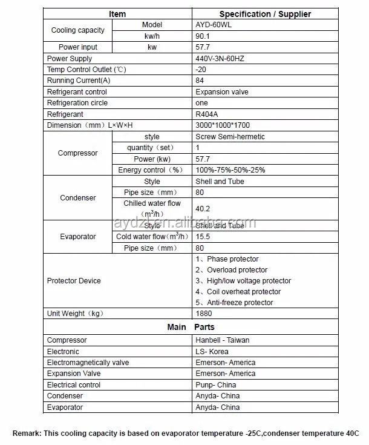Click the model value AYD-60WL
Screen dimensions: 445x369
click(x=212, y=25)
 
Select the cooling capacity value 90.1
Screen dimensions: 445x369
click(x=203, y=36)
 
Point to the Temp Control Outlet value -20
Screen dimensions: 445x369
click(x=200, y=70)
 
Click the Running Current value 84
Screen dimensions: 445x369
click(x=200, y=81)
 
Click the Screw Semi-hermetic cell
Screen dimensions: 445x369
click(x=230, y=137)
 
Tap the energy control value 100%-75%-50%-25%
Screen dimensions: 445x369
click(x=230, y=170)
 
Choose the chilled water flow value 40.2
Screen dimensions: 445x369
click(x=203, y=209)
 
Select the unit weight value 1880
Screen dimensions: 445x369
click(x=204, y=314)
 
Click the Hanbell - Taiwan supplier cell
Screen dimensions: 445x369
click(x=222, y=340)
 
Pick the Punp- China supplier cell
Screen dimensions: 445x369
click(x=216, y=385)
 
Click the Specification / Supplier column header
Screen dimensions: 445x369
click(x=265, y=13)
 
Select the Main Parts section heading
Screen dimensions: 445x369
click(x=191, y=327)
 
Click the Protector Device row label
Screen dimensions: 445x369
click(x=74, y=281)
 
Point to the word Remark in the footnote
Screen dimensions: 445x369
click(x=26, y=433)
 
